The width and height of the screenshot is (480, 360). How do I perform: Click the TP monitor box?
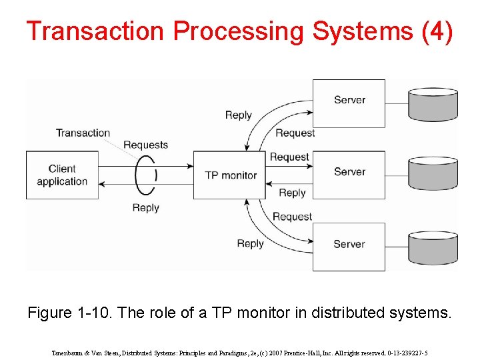[x=229, y=175]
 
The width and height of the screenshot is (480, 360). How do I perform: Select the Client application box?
[x=62, y=175]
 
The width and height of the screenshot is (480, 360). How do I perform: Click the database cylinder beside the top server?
[x=433, y=103]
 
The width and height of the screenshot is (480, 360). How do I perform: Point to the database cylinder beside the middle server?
[x=433, y=175]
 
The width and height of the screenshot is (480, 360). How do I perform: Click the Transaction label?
[x=83, y=133]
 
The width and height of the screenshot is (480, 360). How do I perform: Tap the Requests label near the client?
[x=145, y=145]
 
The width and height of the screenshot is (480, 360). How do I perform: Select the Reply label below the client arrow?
[x=145, y=207]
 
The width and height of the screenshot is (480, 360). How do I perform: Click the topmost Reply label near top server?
[x=238, y=115]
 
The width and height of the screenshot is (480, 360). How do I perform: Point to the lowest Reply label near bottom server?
[x=250, y=243]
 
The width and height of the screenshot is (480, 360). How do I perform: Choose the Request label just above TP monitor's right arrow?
[x=289, y=157]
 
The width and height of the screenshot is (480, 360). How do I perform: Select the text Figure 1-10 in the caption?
[x=69, y=312]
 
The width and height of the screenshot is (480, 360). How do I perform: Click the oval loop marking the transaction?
[x=145, y=175]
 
